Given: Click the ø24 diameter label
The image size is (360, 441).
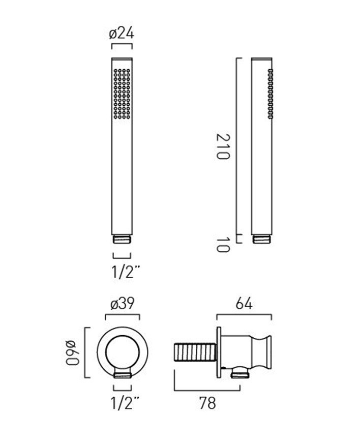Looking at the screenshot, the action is pos(122,33).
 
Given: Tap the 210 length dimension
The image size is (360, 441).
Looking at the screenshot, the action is pos(223,147).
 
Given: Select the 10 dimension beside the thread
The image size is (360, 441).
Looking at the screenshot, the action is pos(223,245).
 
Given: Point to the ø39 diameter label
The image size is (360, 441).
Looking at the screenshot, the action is pos(123,304).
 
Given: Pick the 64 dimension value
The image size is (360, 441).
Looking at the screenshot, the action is pos(244,304).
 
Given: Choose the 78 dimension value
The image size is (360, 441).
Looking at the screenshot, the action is pos(207,403).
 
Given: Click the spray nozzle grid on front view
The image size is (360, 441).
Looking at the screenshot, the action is pos(122,94).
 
